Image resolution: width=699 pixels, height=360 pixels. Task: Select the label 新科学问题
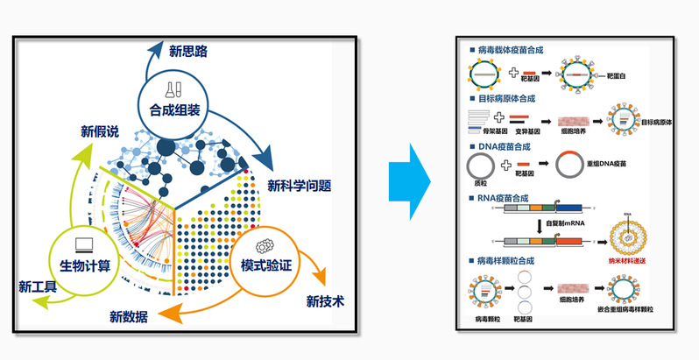coord(299,186)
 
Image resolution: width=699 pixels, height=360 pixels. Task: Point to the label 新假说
coord(101,132)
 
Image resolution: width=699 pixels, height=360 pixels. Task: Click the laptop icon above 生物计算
coord(85,244)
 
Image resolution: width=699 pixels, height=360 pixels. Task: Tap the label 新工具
coord(38,286)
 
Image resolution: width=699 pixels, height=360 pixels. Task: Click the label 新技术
coord(324,301)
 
